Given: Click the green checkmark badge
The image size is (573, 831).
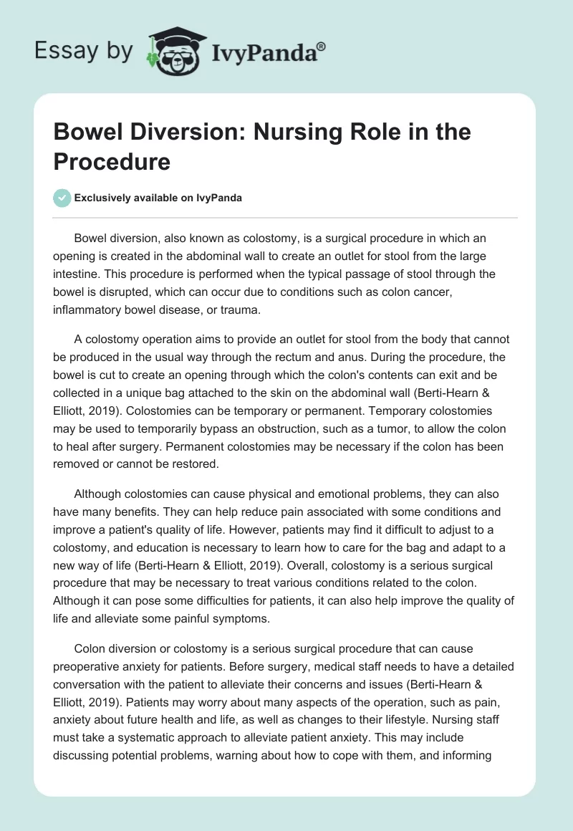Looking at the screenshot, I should click(62, 198).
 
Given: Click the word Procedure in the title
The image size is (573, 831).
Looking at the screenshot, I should click(112, 161).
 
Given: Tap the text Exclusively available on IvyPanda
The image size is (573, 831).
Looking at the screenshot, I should click(158, 198).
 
